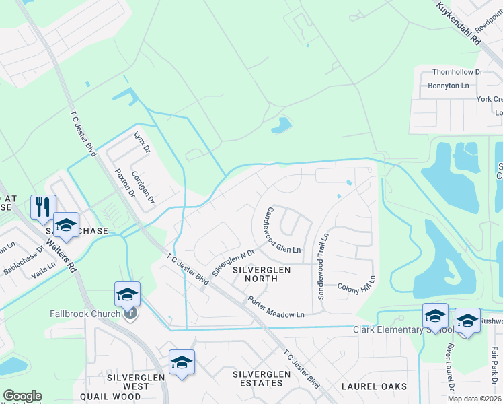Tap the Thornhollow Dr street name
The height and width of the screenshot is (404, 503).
(457, 72)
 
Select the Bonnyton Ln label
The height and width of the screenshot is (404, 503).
(449, 86)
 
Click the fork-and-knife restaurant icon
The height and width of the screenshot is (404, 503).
(43, 206)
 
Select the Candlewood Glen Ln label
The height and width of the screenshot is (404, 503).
(284, 230)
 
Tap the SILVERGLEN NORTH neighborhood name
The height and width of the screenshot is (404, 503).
(261, 274)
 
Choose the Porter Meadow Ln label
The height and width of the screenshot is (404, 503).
(276, 306)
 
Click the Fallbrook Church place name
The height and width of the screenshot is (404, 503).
(85, 314)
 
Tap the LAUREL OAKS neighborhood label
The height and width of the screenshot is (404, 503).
(374, 386)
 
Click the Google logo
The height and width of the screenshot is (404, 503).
(22, 396)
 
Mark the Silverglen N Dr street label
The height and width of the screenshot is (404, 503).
(233, 263)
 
